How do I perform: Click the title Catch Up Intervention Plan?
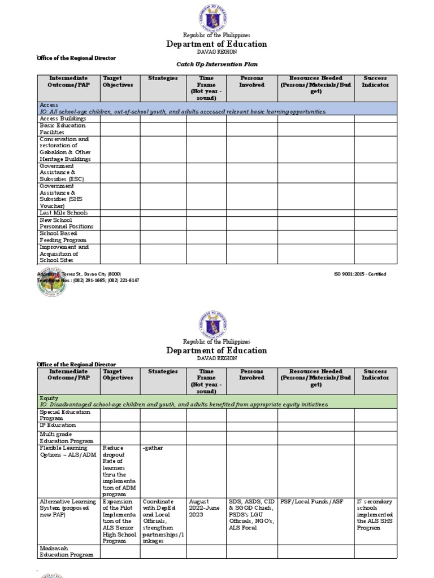pos(217,64)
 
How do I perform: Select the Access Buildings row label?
pos(63,119)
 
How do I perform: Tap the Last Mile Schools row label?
pos(63,213)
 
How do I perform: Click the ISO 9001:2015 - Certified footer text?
pos(360,274)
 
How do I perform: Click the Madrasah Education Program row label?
pos(66,551)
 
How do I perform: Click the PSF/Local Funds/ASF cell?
pos(311,501)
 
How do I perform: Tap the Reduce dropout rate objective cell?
pos(120,471)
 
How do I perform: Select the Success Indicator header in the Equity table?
pos(375,375)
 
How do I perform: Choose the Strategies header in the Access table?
pos(163,78)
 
